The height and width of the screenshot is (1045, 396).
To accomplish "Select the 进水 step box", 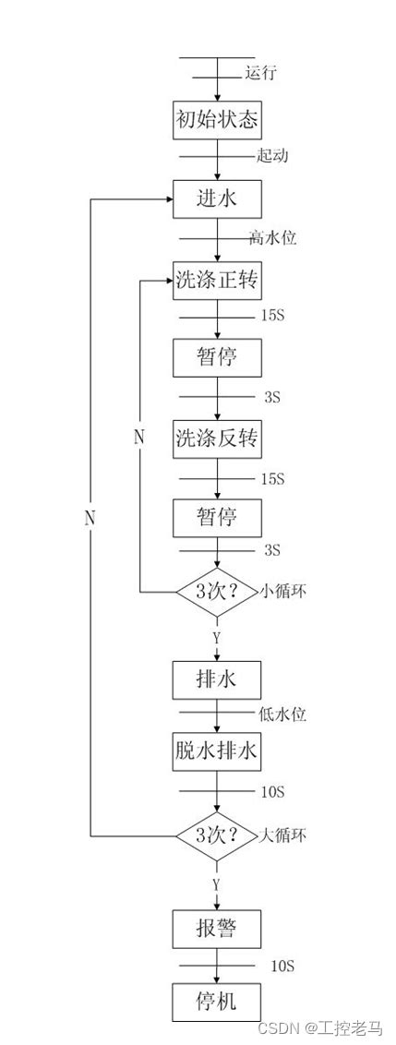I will click(217, 198).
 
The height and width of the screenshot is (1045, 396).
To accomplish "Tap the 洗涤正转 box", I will click(217, 281).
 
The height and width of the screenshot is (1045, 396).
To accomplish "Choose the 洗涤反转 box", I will click(217, 438).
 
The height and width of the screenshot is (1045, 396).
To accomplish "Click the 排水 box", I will click(217, 680).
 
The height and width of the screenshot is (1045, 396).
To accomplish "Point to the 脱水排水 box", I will click(217, 751).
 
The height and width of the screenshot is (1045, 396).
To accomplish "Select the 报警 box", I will click(217, 929).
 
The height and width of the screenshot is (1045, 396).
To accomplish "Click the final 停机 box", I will click(217, 1002).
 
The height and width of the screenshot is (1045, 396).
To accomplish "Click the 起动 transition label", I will click(272, 155).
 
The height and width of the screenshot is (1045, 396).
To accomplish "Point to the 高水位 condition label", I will click(272, 238).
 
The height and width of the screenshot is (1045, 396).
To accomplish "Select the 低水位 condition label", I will click(282, 714).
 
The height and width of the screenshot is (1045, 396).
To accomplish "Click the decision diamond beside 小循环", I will click(217, 592).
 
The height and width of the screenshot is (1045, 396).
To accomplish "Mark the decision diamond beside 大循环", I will click(217, 836).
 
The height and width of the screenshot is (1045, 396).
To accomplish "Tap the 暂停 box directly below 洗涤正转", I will click(217, 356).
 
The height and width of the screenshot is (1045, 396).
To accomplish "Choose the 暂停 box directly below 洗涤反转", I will click(217, 517).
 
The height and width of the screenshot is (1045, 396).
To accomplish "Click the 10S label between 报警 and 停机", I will click(282, 966).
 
